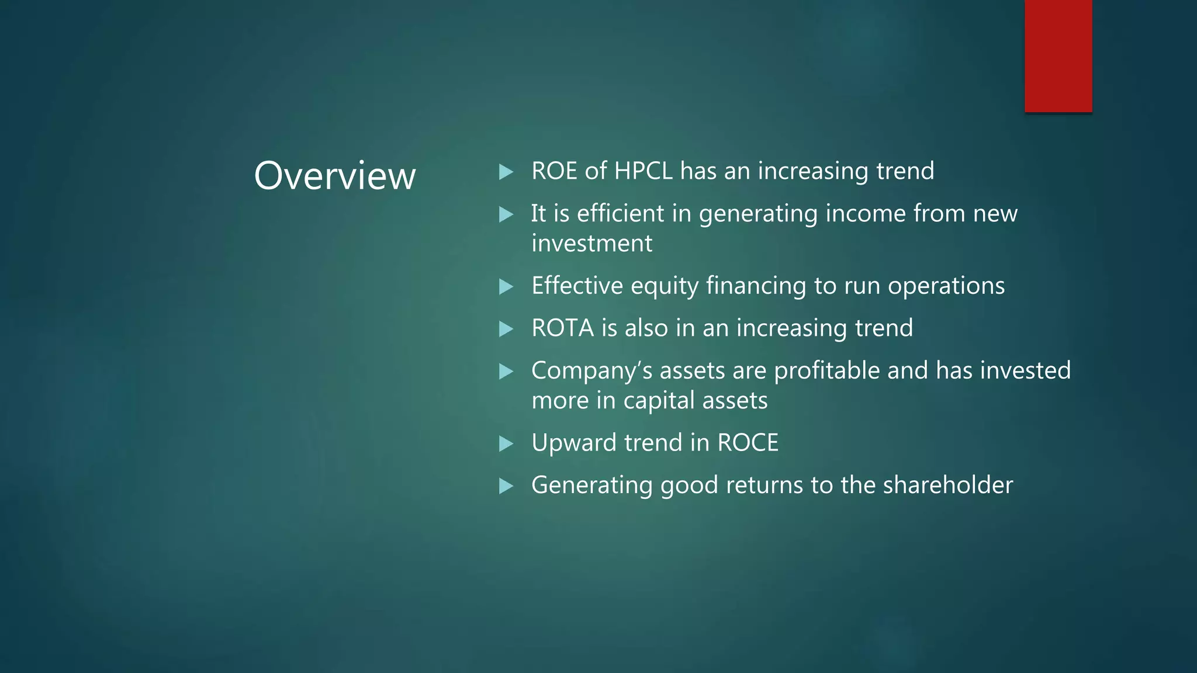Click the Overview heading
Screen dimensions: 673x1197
click(334, 175)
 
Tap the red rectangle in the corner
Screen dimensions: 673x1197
click(1058, 56)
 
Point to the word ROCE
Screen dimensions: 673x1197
click(748, 443)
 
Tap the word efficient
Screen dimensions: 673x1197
click(620, 213)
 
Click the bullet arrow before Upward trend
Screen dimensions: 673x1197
click(506, 443)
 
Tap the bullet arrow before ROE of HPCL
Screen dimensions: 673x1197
click(506, 172)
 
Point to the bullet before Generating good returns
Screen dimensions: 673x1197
click(506, 485)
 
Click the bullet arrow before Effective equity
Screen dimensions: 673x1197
click(506, 286)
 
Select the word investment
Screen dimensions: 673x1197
click(591, 244)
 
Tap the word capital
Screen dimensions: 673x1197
click(659, 401)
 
